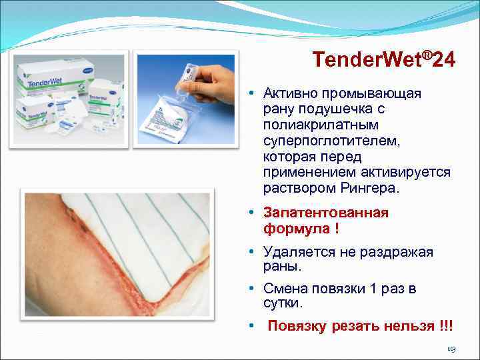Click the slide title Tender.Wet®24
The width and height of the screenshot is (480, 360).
point(384,61)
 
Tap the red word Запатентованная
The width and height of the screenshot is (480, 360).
point(326,213)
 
